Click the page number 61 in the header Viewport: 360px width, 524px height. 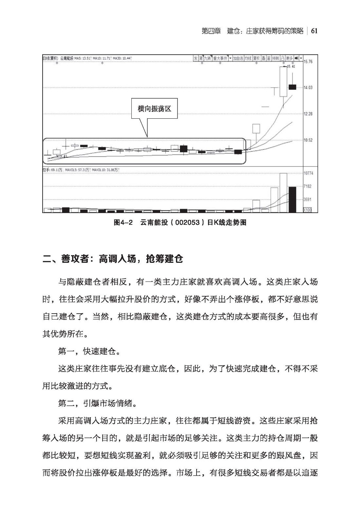tap(314, 31)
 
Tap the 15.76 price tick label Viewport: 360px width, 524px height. tap(308, 62)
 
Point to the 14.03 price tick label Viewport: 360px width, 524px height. tap(308, 87)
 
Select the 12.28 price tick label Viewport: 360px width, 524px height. tap(308, 114)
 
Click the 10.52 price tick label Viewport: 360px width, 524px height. tap(308, 140)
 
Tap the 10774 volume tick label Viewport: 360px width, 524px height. tap(309, 173)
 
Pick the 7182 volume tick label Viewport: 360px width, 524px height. tap(308, 186)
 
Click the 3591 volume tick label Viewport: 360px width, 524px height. tap(308, 199)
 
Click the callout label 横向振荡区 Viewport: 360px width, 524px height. tap(154, 109)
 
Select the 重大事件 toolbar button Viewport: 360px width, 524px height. tap(220, 58)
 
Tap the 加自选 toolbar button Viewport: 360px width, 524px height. tap(238, 58)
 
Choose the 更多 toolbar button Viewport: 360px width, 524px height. tap(289, 58)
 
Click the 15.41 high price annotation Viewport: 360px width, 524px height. tap(291, 67)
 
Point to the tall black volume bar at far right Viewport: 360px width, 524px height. tap(292, 199)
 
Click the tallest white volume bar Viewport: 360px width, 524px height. tap(283, 193)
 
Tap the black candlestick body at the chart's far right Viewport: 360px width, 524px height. tap(292, 87)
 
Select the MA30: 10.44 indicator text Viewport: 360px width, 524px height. tap(122, 58)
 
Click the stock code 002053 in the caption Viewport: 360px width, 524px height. tap(187, 223)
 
